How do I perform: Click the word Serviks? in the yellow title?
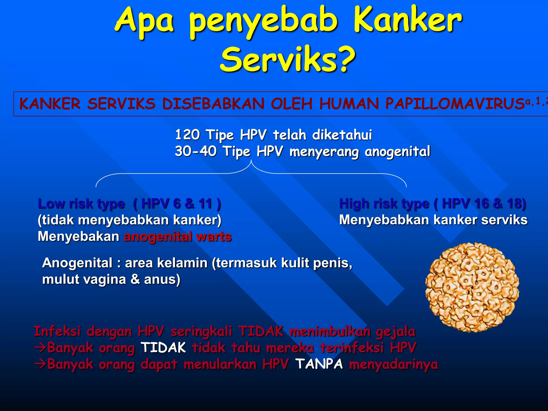point(288,59)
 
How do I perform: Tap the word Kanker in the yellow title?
point(408,20)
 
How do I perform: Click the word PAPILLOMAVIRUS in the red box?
point(455,104)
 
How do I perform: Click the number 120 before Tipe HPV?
point(187,135)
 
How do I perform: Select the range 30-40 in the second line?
point(196,151)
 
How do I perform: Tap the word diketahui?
point(342,135)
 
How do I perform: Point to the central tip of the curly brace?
point(251,161)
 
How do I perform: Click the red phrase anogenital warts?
point(178,237)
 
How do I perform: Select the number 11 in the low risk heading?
point(205,204)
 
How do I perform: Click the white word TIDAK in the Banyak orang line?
point(163,348)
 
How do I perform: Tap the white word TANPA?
point(319,364)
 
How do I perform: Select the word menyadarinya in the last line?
point(394,364)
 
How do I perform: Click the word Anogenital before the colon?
point(77,263)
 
